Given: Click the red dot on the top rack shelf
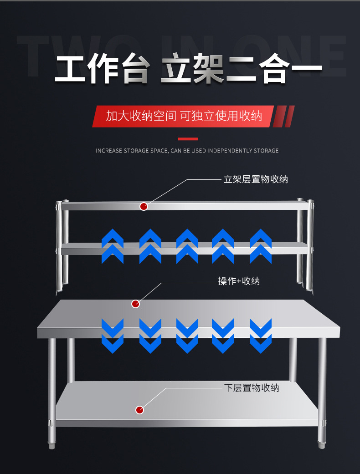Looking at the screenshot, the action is (x=144, y=206).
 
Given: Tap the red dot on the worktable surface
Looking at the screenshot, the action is (x=135, y=304).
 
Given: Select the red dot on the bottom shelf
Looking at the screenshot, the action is (x=140, y=410).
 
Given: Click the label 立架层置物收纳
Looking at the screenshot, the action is (x=256, y=179).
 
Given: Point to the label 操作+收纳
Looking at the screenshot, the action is (x=239, y=281).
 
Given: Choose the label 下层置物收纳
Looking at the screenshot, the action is (x=252, y=388).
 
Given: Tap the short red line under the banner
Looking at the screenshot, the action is (x=188, y=139).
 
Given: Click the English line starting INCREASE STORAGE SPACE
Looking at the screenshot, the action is (x=187, y=151).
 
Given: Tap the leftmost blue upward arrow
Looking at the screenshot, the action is (x=113, y=246).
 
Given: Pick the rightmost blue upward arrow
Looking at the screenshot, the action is (x=261, y=246).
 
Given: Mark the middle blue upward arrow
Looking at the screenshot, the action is (x=187, y=246).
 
